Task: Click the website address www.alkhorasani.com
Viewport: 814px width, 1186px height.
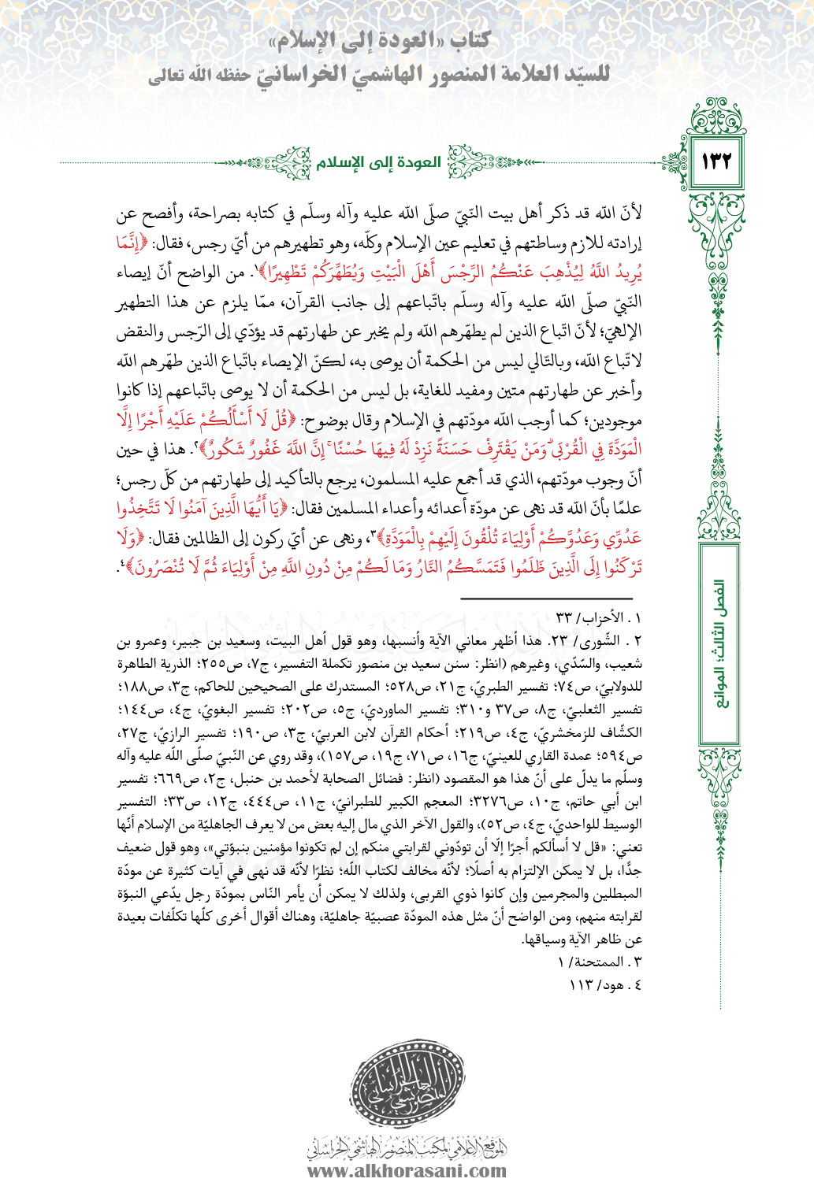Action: pyautogui.click(x=407, y=1169)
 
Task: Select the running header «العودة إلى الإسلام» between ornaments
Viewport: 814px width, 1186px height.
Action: pyautogui.click(x=378, y=163)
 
